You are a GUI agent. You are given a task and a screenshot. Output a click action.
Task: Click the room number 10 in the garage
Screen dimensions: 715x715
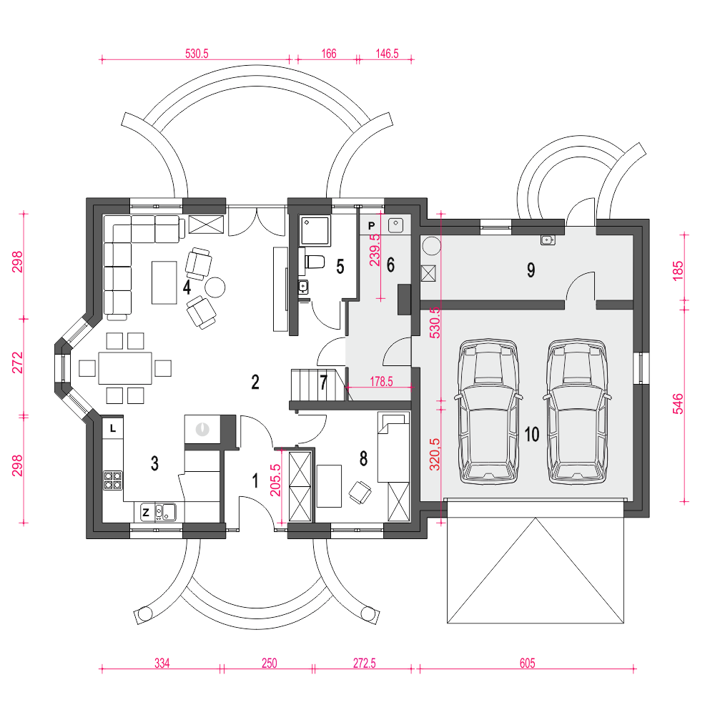tap(532, 434)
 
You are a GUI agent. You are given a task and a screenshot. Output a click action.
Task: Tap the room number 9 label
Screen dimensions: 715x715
tap(531, 270)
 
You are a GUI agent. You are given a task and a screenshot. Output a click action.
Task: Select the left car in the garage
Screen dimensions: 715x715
tap(488, 411)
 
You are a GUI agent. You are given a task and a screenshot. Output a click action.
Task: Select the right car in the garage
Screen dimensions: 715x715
tap(577, 411)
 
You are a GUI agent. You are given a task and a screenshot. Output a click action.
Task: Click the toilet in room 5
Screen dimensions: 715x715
tap(314, 262)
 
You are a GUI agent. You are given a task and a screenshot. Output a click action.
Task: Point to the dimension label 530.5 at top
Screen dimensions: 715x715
tap(197, 54)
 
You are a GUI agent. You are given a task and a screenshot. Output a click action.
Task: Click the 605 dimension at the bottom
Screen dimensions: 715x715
tap(527, 663)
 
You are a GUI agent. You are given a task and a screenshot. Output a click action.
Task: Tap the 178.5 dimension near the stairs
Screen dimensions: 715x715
tap(381, 381)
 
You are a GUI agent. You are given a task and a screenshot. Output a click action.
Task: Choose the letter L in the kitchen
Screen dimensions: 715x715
tap(113, 428)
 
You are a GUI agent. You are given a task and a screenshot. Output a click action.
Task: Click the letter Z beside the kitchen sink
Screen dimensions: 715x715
tap(146, 512)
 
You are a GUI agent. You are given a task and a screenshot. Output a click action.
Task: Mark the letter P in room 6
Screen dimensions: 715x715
tap(371, 226)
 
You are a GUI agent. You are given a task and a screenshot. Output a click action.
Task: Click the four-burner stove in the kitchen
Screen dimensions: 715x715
tap(113, 480)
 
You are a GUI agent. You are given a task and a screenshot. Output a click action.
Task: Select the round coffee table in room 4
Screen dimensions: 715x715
tap(214, 287)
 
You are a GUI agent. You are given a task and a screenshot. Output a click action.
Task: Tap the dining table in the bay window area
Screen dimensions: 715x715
tap(125, 368)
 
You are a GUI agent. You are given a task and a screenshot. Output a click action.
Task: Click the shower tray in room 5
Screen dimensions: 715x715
tap(315, 231)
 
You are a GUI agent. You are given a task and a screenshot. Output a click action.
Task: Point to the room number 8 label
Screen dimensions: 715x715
tap(363, 459)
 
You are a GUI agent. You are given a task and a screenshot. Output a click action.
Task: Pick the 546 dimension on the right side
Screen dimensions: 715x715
tap(678, 403)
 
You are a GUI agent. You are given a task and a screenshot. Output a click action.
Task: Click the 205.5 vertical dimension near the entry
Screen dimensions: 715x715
tap(275, 480)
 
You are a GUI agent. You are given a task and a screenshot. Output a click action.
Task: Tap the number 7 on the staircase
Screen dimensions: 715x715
tap(323, 382)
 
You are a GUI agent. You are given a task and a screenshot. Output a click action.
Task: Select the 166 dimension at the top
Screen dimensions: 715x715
tap(329, 54)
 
